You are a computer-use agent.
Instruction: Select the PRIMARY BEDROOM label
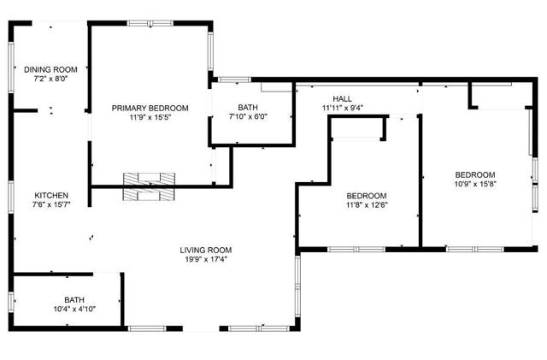point(150,108)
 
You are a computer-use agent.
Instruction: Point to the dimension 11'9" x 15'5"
point(150,117)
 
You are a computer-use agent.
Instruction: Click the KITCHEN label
point(51,195)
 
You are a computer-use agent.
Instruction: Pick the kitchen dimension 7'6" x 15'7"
point(51,204)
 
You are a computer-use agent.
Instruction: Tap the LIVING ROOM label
point(203,250)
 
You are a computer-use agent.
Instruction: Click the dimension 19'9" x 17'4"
point(203,259)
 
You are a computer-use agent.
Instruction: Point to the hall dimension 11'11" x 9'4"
point(344,109)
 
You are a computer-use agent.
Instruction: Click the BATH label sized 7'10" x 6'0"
point(248,108)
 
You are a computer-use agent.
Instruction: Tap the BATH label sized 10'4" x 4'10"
point(74,299)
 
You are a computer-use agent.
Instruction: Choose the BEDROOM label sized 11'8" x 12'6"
point(365,195)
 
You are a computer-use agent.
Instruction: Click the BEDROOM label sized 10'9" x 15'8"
point(474,174)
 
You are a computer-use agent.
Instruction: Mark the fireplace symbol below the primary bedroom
point(150,185)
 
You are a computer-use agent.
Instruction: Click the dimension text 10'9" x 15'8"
point(474,183)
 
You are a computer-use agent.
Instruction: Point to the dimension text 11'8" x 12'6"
point(365,204)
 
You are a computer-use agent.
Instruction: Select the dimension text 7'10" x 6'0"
point(248,117)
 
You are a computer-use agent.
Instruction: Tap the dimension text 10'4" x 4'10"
point(74,309)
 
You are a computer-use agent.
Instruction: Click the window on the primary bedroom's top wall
point(150,23)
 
